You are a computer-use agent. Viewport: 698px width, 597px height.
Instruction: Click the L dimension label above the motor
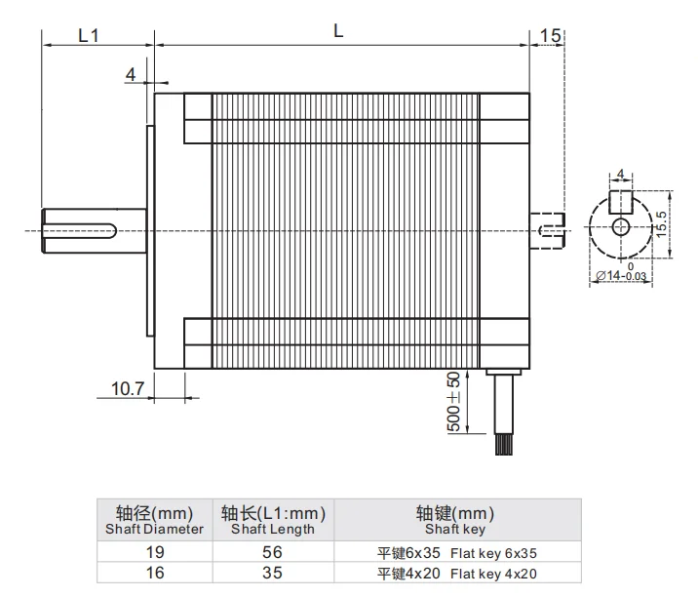pyautogui.click(x=338, y=30)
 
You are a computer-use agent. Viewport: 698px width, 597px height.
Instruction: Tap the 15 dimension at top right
pyautogui.click(x=549, y=35)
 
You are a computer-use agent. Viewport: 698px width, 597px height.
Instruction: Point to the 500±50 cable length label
pyautogui.click(x=452, y=403)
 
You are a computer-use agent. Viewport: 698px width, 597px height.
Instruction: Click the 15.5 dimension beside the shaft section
pyautogui.click(x=661, y=225)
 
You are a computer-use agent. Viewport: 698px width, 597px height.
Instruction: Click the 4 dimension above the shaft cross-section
pyautogui.click(x=620, y=175)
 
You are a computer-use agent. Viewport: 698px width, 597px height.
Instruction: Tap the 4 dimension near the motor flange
pyautogui.click(x=131, y=74)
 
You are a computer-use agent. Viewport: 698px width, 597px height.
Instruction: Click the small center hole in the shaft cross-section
pyautogui.click(x=621, y=226)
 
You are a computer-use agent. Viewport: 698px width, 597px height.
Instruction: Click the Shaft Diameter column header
pyautogui.click(x=154, y=521)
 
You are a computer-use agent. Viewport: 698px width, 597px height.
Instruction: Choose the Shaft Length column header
pyautogui.click(x=273, y=521)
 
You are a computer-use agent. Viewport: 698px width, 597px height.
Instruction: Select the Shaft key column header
pyautogui.click(x=454, y=521)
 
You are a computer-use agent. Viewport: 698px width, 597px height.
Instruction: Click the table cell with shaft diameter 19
pyautogui.click(x=154, y=551)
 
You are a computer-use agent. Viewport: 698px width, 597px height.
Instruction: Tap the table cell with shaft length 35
pyautogui.click(x=273, y=573)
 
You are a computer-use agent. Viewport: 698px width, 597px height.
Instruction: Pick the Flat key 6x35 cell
pyautogui.click(x=454, y=551)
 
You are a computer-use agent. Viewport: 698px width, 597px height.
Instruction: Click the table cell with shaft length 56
pyautogui.click(x=273, y=551)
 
